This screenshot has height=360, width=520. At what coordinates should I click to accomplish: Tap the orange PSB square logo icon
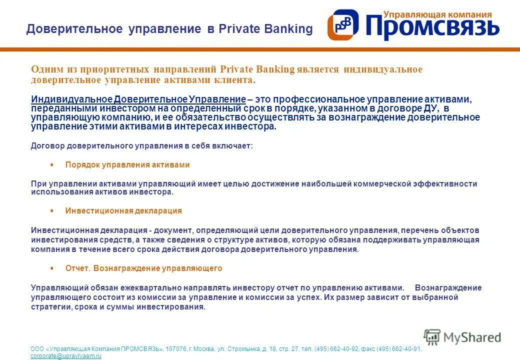tap(343, 25)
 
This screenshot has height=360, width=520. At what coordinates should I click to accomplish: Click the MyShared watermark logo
tap(462, 337)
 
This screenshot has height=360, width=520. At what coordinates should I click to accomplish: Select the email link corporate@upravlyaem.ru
tap(66, 356)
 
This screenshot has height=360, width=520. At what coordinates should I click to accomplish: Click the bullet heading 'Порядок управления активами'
tap(127, 164)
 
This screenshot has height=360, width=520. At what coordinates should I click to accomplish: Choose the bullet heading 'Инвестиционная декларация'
tap(123, 210)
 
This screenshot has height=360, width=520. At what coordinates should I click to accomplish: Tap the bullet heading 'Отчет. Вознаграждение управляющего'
tap(143, 268)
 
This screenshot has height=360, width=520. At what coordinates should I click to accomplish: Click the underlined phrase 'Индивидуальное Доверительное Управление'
tap(138, 99)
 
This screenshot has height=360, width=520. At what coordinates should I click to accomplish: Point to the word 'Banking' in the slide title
tap(287, 29)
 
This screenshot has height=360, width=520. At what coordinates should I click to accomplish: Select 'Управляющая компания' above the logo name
tap(437, 15)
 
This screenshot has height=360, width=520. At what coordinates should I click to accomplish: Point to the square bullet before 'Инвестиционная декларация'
tap(51, 210)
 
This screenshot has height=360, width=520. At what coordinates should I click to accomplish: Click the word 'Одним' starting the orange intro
tap(45, 69)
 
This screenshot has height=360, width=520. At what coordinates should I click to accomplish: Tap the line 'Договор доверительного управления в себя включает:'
tap(142, 146)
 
